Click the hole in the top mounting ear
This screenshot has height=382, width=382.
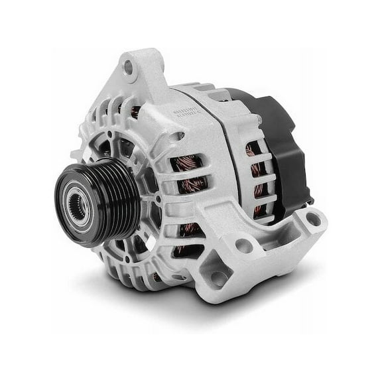[x=129, y=65]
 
